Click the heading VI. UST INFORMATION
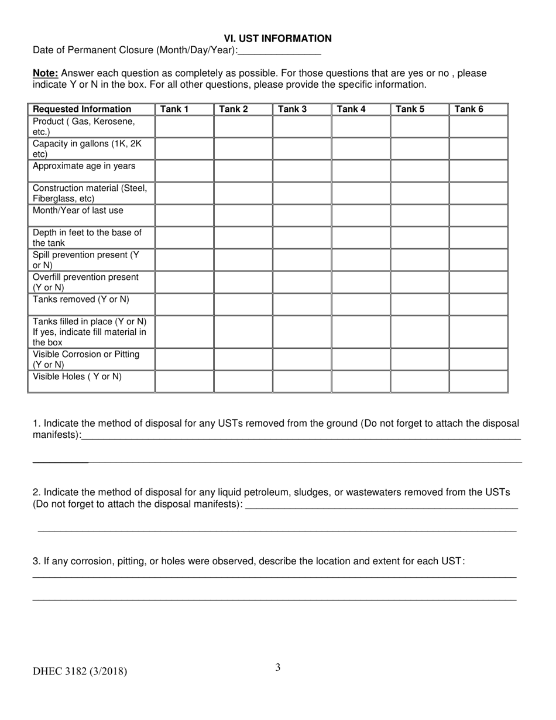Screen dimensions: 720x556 click(277, 39)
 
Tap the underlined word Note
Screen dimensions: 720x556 click(45, 74)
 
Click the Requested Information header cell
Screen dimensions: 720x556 click(82, 109)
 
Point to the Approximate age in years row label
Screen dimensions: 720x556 click(84, 166)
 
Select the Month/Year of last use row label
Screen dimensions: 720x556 click(78, 211)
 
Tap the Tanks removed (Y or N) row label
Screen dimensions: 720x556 click(81, 300)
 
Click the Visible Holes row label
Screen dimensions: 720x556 click(77, 377)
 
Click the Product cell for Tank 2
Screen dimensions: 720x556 click(243, 126)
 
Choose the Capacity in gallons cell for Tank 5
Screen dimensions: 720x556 click(420, 149)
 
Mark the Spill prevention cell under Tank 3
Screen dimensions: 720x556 click(301, 260)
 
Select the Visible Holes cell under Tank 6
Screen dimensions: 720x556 click(478, 381)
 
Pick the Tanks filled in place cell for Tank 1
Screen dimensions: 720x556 click(184, 332)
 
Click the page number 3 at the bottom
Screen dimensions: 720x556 click(278, 667)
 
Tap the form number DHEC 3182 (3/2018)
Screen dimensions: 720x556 click(80, 671)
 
